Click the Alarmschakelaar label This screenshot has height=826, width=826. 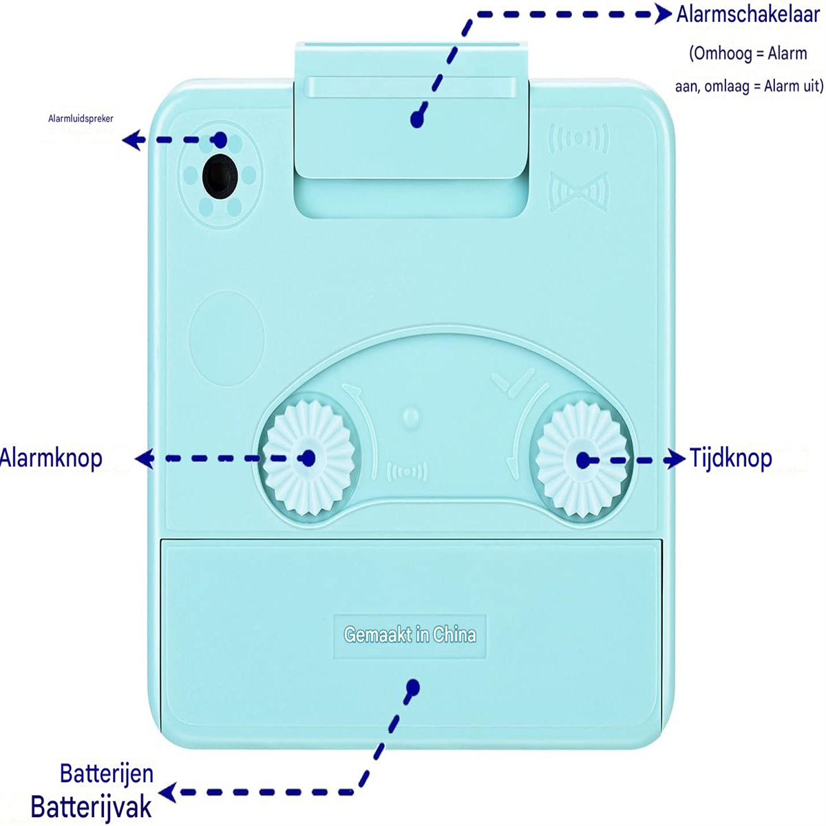748,15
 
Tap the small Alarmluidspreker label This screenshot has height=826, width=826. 81,118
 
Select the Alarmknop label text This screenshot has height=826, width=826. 50,458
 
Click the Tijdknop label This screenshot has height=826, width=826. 731,458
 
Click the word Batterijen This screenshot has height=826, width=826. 106,774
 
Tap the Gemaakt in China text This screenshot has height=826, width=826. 410,635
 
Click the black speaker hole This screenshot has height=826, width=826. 220,176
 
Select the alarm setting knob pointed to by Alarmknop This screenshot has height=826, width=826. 308,458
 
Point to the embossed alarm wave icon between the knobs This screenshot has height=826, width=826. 407,472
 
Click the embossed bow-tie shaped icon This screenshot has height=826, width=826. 579,191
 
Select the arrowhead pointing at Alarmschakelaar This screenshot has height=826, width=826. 664,14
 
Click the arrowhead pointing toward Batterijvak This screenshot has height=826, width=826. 168,792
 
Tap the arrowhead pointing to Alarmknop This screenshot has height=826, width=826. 145,458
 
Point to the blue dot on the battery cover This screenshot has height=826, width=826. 413,687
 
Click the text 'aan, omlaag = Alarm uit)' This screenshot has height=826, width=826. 750,87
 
